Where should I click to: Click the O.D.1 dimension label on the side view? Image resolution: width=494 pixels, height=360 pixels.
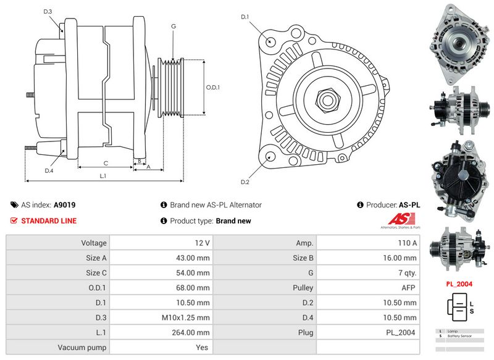click(x=213, y=88)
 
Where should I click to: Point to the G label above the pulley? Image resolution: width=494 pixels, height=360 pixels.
click(x=174, y=26)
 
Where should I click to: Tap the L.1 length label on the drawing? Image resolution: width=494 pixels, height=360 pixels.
click(x=104, y=176)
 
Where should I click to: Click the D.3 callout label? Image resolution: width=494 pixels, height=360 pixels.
click(x=48, y=12)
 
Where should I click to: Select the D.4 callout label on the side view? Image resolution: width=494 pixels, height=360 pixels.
click(x=49, y=170)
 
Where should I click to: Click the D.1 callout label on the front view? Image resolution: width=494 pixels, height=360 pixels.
click(x=245, y=17)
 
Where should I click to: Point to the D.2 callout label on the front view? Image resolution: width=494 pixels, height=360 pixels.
click(x=245, y=182)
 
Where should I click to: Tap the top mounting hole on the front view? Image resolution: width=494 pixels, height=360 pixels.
click(x=271, y=41)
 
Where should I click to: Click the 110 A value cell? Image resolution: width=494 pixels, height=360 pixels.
click(x=368, y=243)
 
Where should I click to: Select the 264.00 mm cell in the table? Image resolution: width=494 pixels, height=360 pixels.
click(x=161, y=332)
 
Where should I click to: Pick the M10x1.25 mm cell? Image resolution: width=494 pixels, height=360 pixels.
click(x=161, y=317)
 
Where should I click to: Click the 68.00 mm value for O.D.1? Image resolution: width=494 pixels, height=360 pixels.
click(x=161, y=288)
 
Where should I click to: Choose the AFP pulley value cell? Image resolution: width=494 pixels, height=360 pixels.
click(x=368, y=288)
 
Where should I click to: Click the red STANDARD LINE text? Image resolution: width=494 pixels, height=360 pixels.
click(x=49, y=220)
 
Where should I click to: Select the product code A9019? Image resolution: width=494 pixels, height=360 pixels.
click(x=65, y=204)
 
